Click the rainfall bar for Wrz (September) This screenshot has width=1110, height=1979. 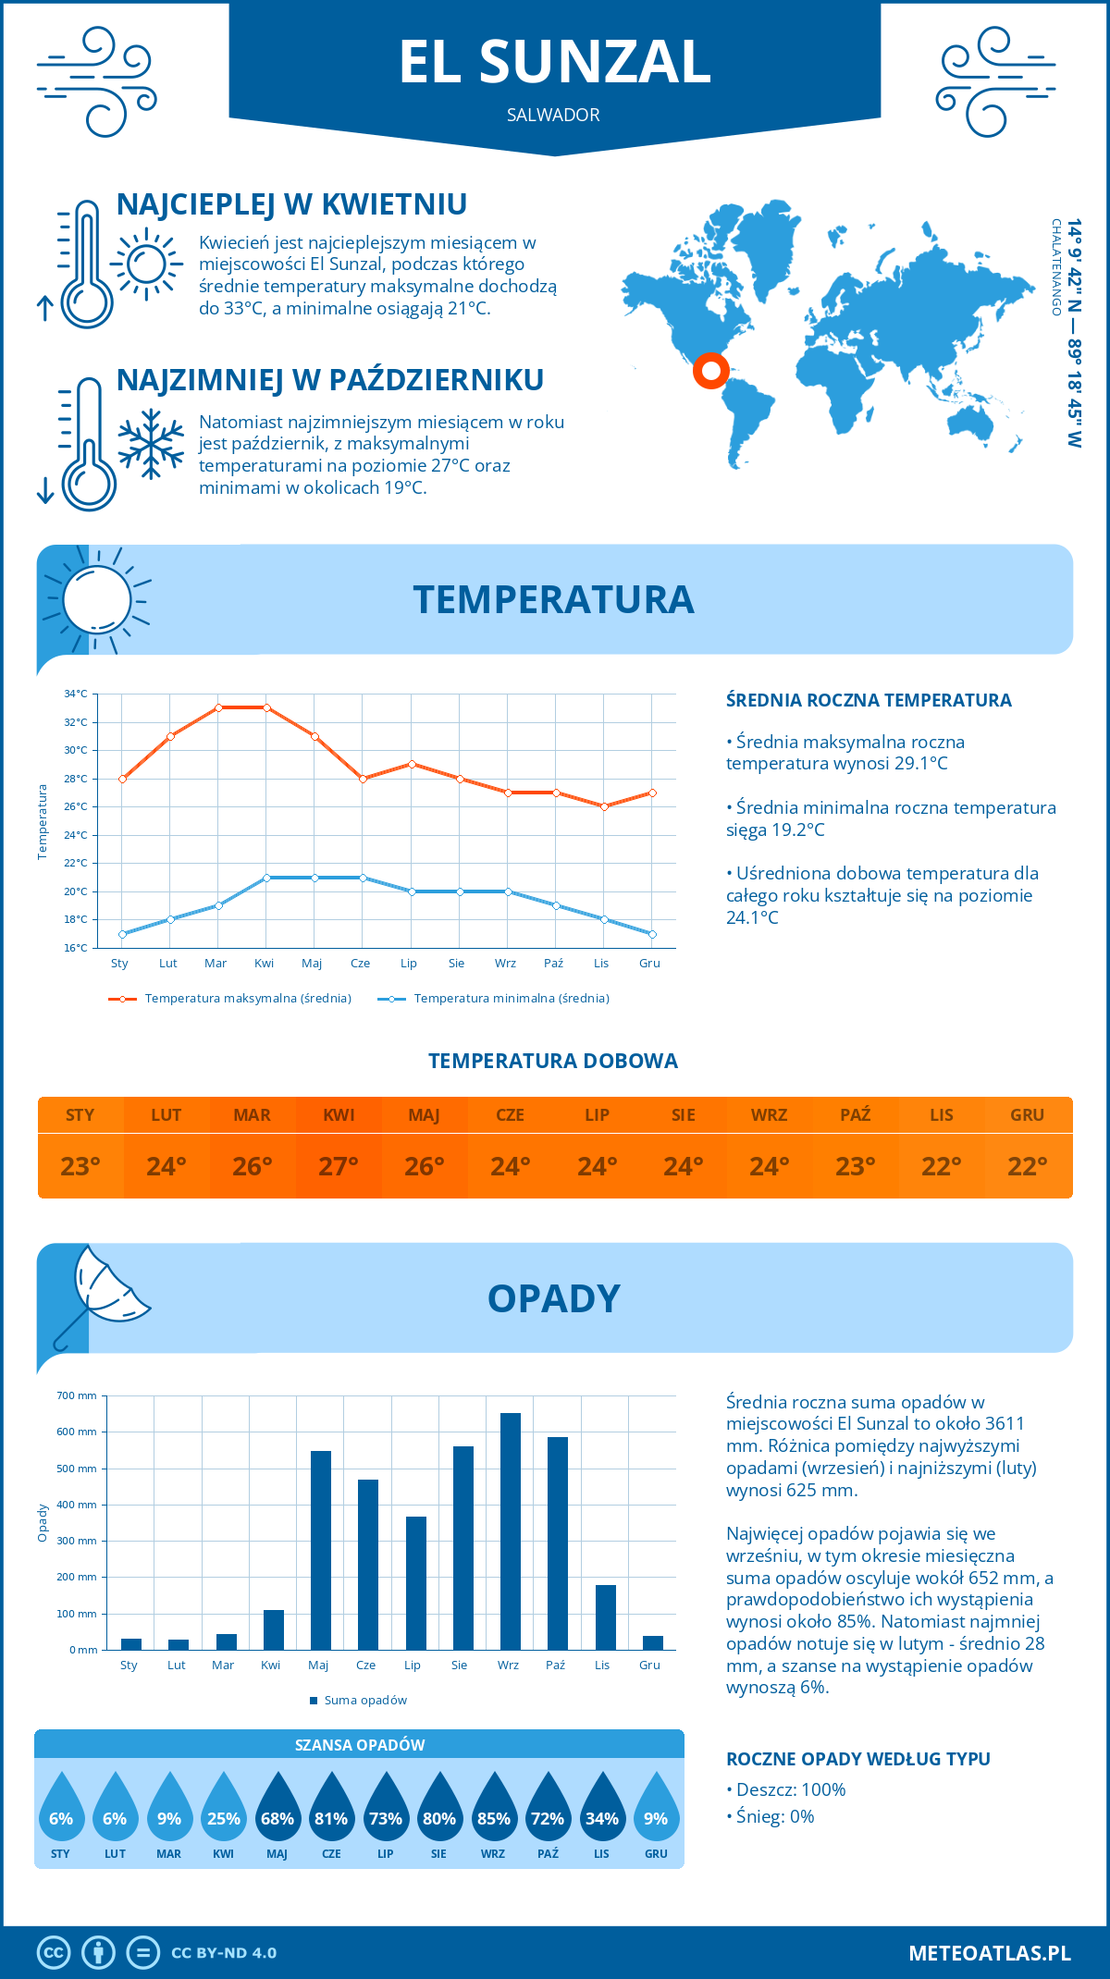pyautogui.click(x=511, y=1531)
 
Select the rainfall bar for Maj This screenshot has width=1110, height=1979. pyautogui.click(x=321, y=1550)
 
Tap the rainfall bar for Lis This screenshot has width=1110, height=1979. pyautogui.click(x=606, y=1617)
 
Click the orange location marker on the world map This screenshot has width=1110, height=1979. pyautogui.click(x=711, y=371)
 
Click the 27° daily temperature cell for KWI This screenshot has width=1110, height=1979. pyautogui.click(x=339, y=1166)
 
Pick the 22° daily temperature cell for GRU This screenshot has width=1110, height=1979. pyautogui.click(x=1028, y=1166)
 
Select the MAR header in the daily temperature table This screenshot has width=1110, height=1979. pyautogui.click(x=253, y=1115)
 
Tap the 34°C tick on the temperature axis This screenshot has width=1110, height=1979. pyautogui.click(x=76, y=694)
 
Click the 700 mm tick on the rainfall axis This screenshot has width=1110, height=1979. pyautogui.click(x=78, y=1395)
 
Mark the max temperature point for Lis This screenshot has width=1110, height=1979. pyautogui.click(x=604, y=806)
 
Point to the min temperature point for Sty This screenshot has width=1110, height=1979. pyautogui.click(x=122, y=934)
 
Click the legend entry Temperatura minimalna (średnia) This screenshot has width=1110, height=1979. pyautogui.click(x=511, y=999)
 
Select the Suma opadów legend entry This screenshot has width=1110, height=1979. pyautogui.click(x=364, y=1701)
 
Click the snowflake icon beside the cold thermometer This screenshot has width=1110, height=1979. pyautogui.click(x=151, y=444)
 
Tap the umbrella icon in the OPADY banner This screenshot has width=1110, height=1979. pyautogui.click(x=103, y=1295)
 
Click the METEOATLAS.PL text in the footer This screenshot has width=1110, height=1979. pyautogui.click(x=990, y=1953)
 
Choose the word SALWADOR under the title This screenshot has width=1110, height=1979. pyautogui.click(x=553, y=115)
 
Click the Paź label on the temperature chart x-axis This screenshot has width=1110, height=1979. pyautogui.click(x=553, y=964)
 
